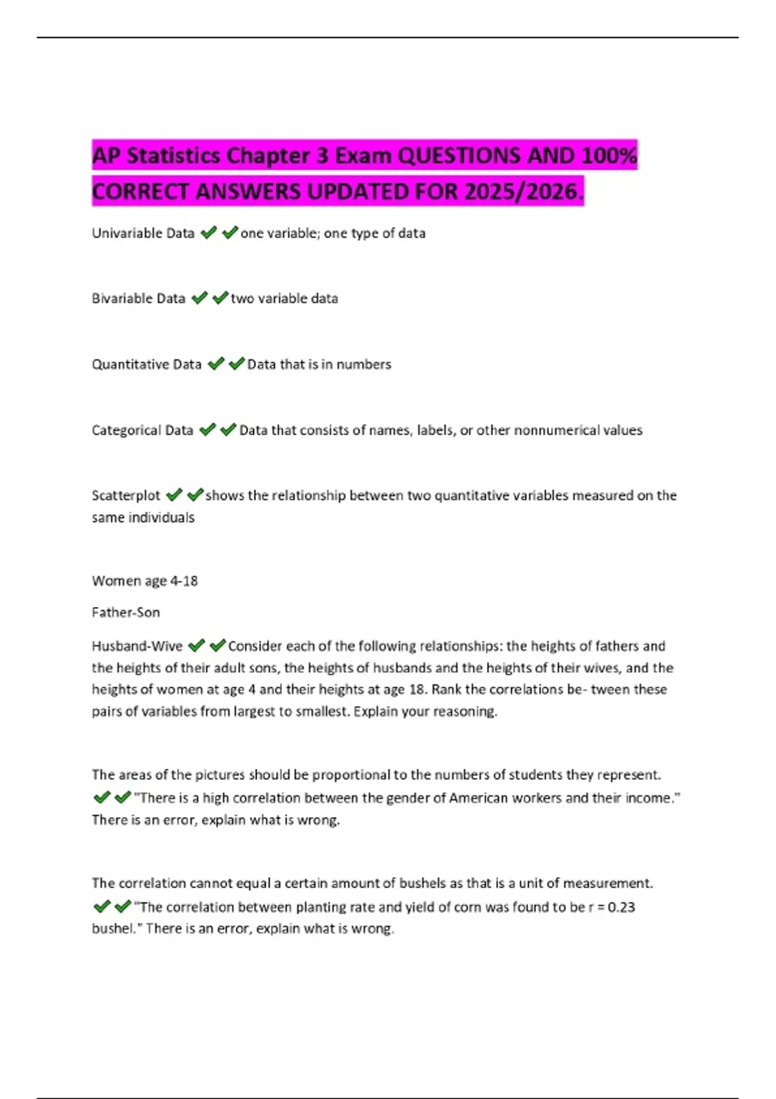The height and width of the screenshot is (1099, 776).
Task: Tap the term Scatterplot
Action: coord(126,496)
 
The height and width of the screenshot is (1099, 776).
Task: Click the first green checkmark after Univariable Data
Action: coord(208,233)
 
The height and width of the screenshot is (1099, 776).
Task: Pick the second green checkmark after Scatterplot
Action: coord(195,495)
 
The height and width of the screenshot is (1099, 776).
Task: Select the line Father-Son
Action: coord(125,613)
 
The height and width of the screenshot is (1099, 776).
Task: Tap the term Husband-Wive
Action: coord(137,646)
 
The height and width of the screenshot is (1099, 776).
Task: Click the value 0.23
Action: coord(621,908)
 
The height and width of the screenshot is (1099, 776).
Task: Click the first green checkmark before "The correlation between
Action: coord(102,907)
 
